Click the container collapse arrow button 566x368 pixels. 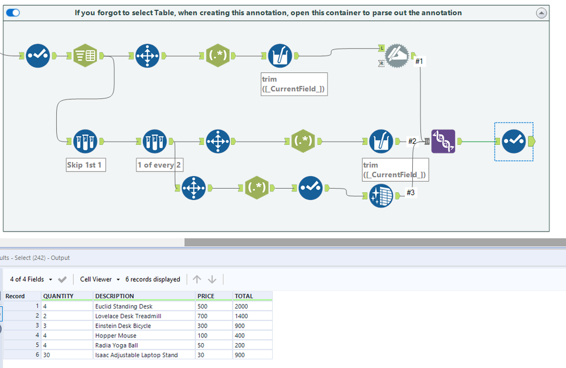[x=542, y=12]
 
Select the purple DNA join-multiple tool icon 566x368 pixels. [x=443, y=141]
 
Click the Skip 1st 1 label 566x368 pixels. [x=86, y=165]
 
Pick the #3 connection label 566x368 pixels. [x=411, y=192]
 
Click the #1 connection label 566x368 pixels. [x=419, y=61]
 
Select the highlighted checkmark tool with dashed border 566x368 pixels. [x=514, y=141]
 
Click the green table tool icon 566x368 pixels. [x=86, y=55]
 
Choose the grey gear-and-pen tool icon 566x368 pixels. [x=396, y=55]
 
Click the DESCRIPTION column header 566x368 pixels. [x=115, y=296]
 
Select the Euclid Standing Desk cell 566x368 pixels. [x=124, y=306]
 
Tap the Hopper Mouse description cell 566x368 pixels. [x=116, y=336]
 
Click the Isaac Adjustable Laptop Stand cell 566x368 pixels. [x=136, y=355]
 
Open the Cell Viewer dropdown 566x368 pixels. [x=100, y=279]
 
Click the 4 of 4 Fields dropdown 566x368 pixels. [x=31, y=279]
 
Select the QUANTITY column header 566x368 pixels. [x=58, y=296]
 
